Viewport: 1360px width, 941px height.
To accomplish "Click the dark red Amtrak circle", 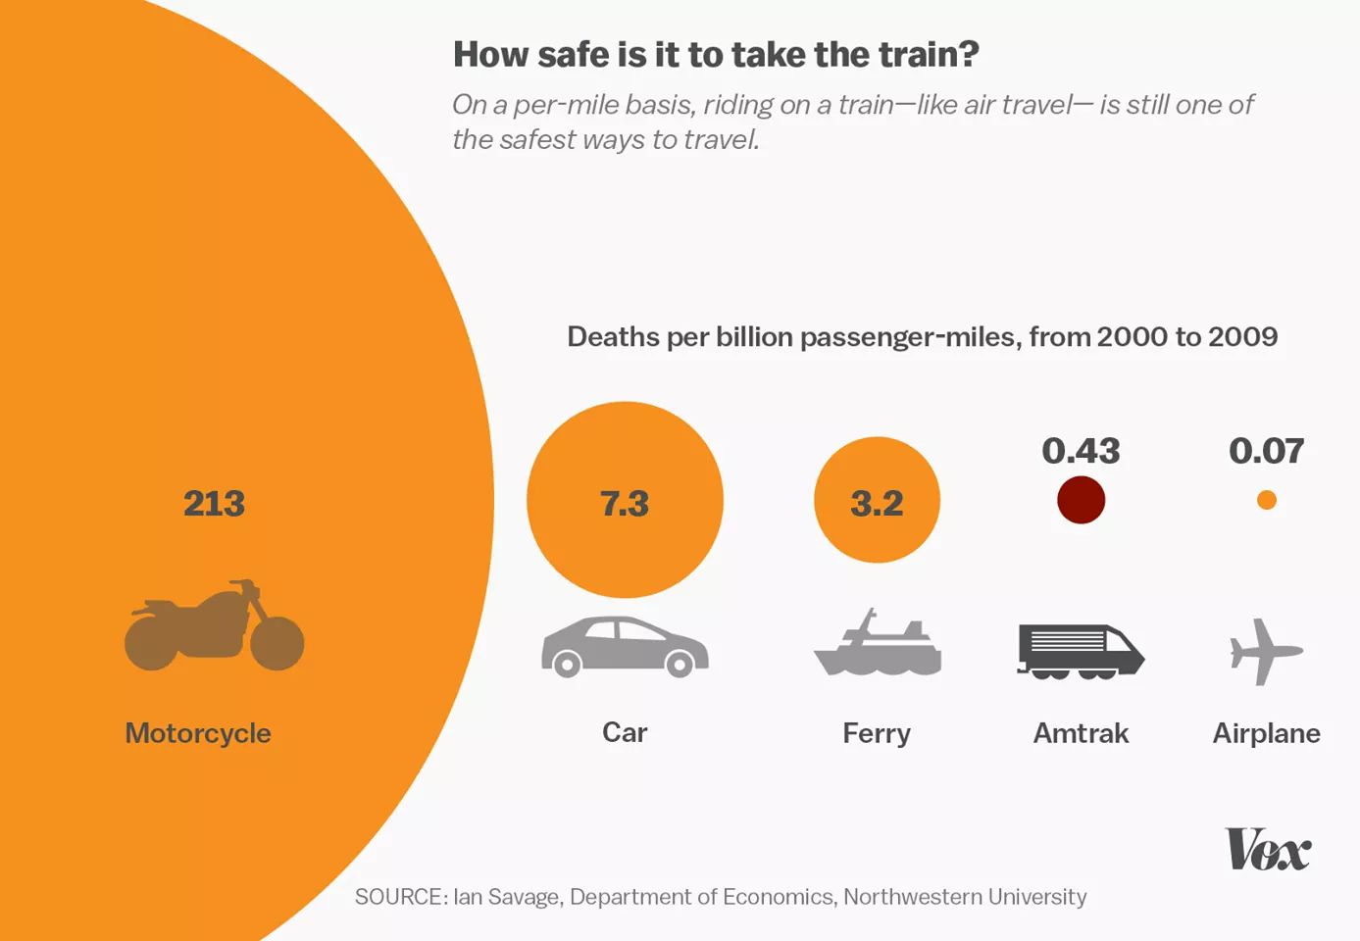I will click(x=1081, y=500).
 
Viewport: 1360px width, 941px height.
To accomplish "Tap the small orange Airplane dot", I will click(x=1267, y=500).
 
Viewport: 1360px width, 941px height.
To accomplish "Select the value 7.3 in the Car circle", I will click(x=625, y=504).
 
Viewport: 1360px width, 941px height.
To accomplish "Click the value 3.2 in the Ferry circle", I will click(x=877, y=504).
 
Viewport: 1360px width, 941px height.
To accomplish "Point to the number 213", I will click(x=214, y=504).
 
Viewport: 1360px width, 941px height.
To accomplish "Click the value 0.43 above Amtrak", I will click(x=1081, y=451).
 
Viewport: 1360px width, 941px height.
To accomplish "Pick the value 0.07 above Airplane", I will click(x=1267, y=451).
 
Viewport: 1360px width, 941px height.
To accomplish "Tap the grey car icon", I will click(x=625, y=647).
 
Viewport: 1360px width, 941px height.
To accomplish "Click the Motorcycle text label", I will click(x=198, y=733).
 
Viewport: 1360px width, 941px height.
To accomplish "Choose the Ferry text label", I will click(x=877, y=733).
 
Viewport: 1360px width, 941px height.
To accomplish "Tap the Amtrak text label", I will click(x=1081, y=733).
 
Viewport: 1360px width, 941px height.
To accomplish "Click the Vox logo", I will click(x=1267, y=850).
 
